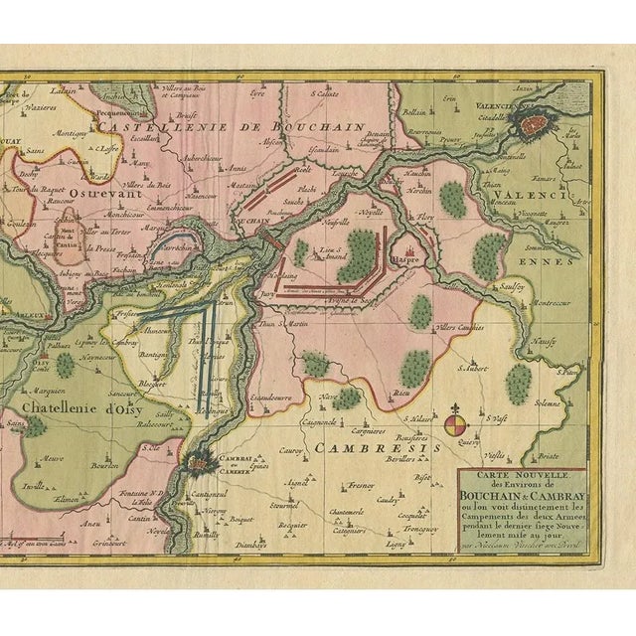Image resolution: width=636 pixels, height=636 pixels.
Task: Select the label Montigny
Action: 71,132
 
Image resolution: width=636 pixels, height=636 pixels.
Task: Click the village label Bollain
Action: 410,113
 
